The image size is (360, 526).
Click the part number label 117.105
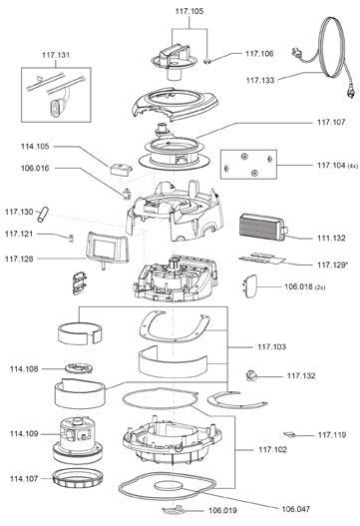[189, 11]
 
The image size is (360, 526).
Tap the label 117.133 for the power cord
[260, 80]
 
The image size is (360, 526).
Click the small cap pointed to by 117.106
[207, 61]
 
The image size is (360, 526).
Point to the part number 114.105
[35, 147]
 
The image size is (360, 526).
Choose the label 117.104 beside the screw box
[331, 165]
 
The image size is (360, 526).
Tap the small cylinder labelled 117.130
[43, 215]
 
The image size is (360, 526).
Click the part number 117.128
[19, 259]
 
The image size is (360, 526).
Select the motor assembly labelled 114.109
[78, 440]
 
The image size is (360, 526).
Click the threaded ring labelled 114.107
[79, 479]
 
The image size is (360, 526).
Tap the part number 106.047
[295, 509]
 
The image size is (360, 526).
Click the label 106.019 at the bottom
[222, 510]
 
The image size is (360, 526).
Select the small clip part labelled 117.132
[251, 375]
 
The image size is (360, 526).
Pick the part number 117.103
[272, 346]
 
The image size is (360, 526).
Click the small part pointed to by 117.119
[290, 435]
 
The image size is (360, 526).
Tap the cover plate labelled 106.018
[250, 286]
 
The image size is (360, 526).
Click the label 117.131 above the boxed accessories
[56, 55]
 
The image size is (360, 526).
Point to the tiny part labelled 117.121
[71, 238]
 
